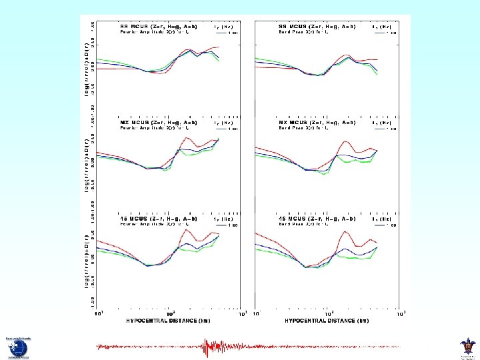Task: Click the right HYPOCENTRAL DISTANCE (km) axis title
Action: click(x=326, y=321)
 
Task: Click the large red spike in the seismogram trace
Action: click(x=206, y=346)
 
